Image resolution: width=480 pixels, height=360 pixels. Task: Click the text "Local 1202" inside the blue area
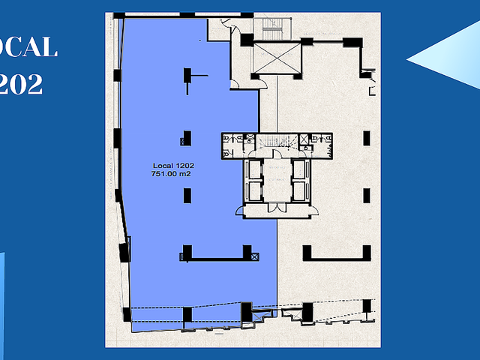(173, 166)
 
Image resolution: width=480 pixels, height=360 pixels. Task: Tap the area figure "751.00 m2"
(171, 174)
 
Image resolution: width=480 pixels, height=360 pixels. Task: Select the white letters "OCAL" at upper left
(28, 46)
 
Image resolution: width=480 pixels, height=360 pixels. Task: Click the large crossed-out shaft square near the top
(277, 58)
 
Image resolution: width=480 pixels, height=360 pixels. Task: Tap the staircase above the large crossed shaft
(272, 28)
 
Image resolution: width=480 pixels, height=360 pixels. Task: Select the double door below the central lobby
(277, 207)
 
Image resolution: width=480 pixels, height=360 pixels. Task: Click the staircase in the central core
(277, 142)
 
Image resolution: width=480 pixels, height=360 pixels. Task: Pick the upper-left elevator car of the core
(255, 169)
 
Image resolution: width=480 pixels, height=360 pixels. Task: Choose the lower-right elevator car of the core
(299, 191)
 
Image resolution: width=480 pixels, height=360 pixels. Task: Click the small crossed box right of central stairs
(304, 139)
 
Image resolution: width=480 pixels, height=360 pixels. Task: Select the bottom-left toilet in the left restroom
(226, 154)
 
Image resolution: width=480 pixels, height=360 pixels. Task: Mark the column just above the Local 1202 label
(187, 138)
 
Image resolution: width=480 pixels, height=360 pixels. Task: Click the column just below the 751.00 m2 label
(187, 196)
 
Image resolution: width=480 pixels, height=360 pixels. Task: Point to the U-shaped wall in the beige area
(337, 257)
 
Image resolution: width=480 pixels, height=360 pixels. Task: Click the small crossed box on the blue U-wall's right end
(255, 256)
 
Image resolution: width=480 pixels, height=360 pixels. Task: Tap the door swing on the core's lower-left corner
(240, 210)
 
